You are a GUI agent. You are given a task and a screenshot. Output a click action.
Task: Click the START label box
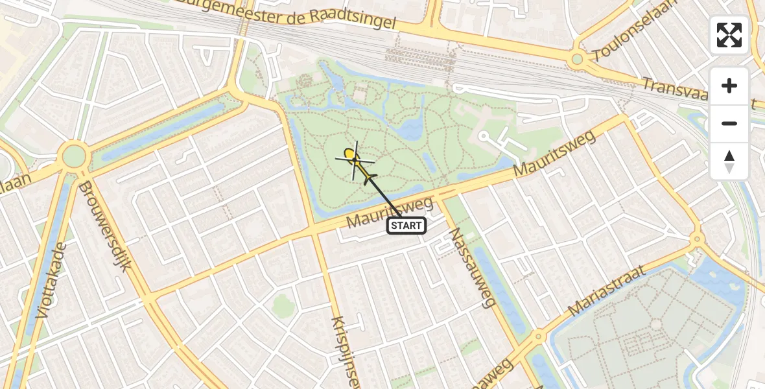click(x=406, y=226)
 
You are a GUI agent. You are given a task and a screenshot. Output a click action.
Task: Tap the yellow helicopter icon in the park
click(x=355, y=159)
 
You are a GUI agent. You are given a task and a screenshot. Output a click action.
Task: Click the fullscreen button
click(x=729, y=35)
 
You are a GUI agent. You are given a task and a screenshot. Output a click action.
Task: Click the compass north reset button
click(x=729, y=161)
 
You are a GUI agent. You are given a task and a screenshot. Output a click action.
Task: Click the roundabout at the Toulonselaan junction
click(x=576, y=60)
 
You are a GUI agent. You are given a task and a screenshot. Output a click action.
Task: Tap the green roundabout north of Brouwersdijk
click(x=74, y=156)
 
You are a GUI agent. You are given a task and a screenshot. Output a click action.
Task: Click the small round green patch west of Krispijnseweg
click(x=283, y=303)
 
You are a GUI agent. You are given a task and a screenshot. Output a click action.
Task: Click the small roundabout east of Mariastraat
click(x=697, y=239)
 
